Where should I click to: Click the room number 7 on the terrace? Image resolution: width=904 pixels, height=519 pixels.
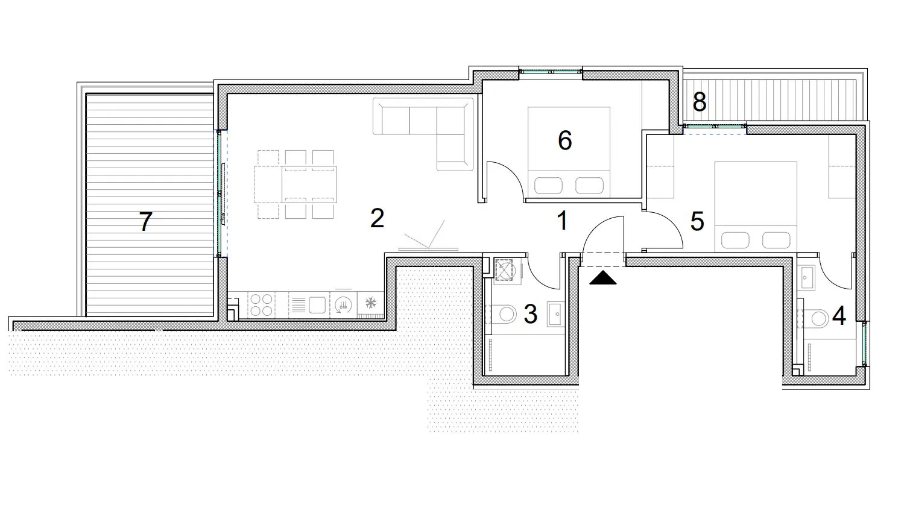(x=146, y=221)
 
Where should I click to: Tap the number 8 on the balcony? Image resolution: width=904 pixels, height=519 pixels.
(x=700, y=102)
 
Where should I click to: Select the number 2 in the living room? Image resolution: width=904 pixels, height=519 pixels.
(x=377, y=218)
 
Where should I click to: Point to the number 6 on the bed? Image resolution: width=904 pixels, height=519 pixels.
(x=564, y=140)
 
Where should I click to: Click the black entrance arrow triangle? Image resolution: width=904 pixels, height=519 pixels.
(x=603, y=278)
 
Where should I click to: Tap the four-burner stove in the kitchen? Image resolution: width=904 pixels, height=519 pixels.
(x=261, y=305)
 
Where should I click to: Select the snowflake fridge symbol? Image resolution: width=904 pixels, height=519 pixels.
(x=370, y=303)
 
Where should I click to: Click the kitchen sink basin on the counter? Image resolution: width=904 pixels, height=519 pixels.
(x=317, y=305)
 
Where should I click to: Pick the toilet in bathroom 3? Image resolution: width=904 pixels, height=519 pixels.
(x=504, y=314)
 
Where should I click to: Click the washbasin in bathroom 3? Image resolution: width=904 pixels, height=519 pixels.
(x=556, y=313)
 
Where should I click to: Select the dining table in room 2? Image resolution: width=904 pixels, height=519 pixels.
(x=296, y=184)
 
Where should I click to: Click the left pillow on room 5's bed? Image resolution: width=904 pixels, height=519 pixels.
(x=735, y=241)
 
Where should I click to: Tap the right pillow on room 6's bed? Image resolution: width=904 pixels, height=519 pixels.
(x=589, y=186)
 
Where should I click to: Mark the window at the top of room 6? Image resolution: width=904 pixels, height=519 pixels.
(x=551, y=72)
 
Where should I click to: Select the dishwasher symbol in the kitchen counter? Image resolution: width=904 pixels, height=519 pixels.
(x=343, y=305)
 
